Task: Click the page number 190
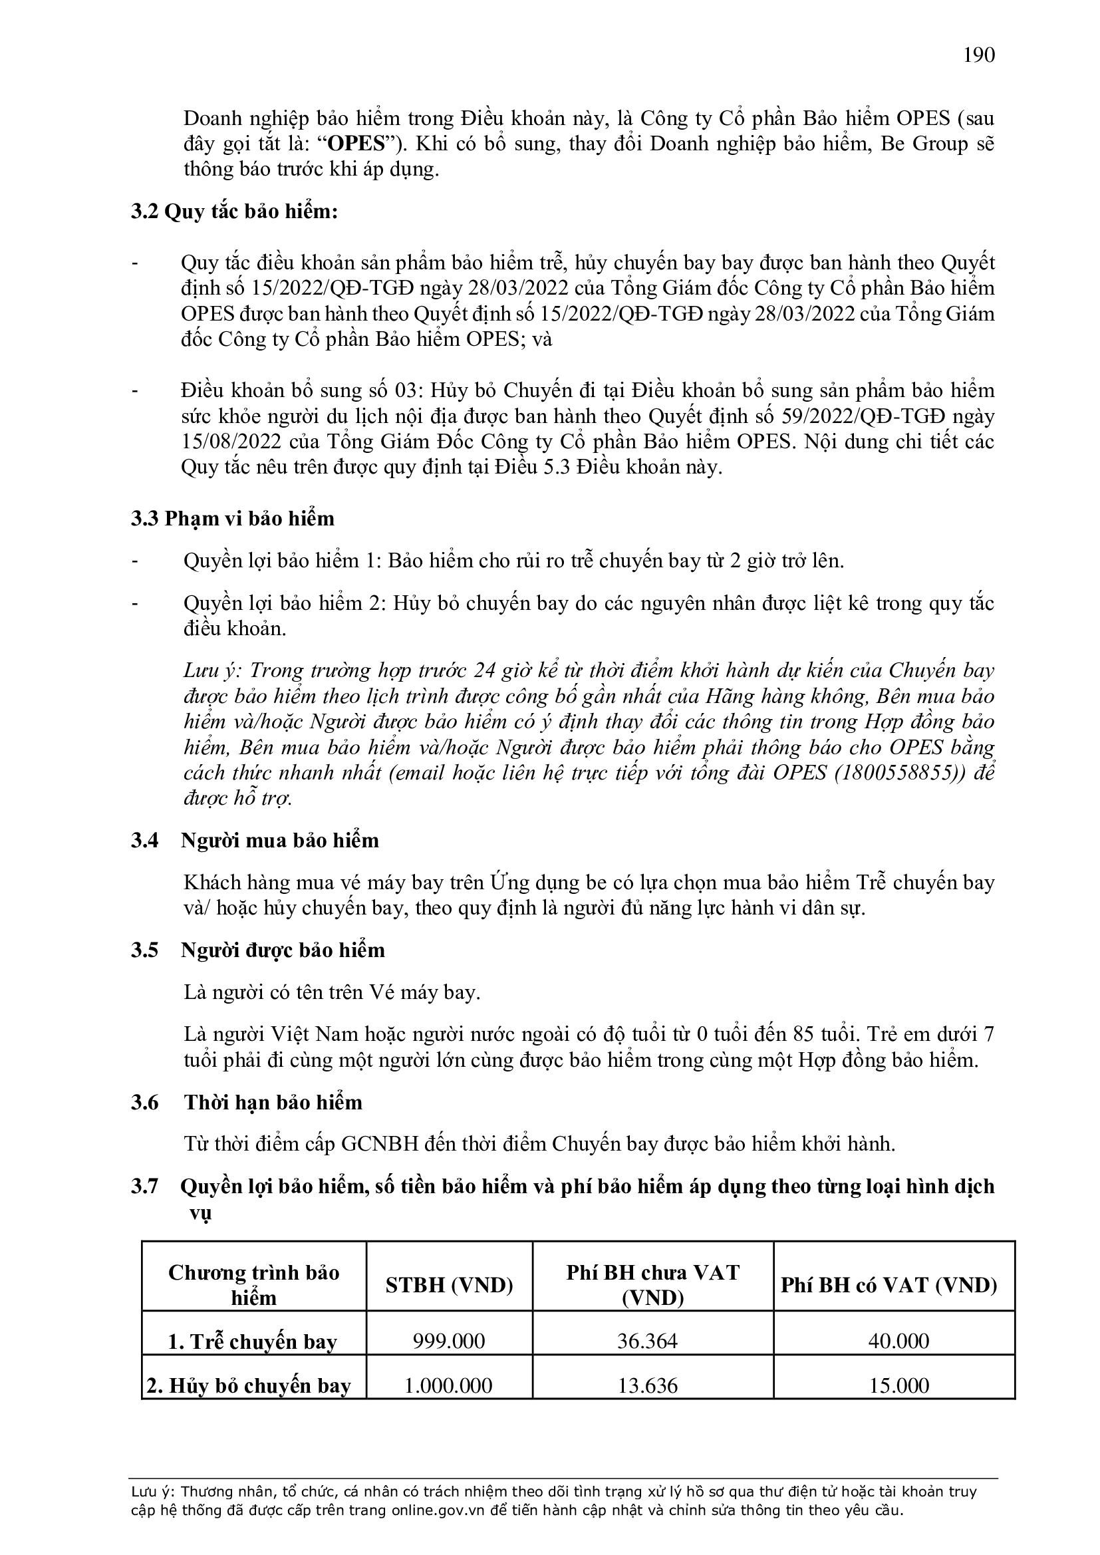[x=979, y=55]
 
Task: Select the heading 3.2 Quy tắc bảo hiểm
[x=234, y=212]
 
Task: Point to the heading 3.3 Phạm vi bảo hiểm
[x=232, y=518]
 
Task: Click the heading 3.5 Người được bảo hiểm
[x=257, y=950]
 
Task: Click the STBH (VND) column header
[x=449, y=1286]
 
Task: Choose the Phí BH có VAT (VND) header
[x=889, y=1286]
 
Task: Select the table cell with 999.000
[x=449, y=1341]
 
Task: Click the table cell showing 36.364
[x=648, y=1341]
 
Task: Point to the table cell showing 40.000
[x=898, y=1341]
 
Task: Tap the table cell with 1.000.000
[x=448, y=1385]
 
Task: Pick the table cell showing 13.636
[x=648, y=1385]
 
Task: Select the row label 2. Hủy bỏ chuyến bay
[x=249, y=1386]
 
